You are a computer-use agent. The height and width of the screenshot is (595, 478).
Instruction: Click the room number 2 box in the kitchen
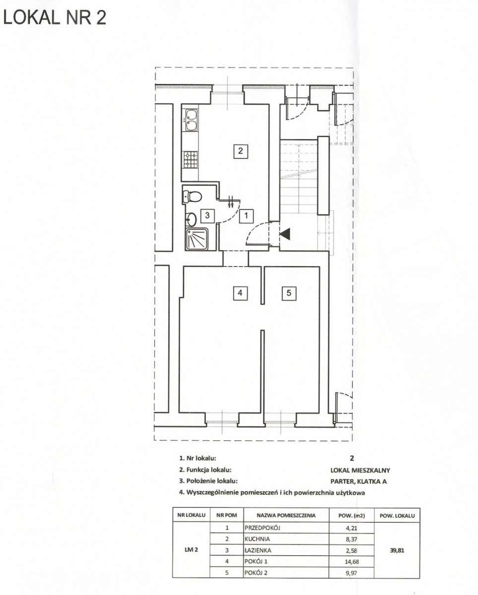click(x=240, y=151)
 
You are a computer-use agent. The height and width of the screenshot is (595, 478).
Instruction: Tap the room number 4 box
click(x=240, y=293)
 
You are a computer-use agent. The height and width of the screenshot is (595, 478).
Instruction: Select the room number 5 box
click(x=289, y=293)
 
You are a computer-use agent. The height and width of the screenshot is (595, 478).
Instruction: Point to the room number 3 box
click(x=207, y=215)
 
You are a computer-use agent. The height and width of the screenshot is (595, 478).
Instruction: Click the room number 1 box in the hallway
click(x=246, y=215)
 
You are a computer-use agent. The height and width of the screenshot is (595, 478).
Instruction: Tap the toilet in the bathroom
click(x=192, y=196)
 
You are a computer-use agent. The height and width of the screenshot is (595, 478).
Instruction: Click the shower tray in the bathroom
click(x=196, y=239)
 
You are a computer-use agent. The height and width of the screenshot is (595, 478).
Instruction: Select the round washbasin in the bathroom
click(x=191, y=219)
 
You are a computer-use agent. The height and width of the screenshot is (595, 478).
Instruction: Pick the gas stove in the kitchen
click(x=190, y=160)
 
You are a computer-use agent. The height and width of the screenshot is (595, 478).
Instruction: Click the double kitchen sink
click(x=191, y=119)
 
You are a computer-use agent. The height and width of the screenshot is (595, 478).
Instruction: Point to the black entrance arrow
click(x=285, y=234)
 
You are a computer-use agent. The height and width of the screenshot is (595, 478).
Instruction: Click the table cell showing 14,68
click(x=352, y=561)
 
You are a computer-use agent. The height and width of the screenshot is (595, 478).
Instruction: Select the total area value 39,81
click(x=397, y=550)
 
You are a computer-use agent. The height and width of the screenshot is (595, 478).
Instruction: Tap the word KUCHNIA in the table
click(x=257, y=539)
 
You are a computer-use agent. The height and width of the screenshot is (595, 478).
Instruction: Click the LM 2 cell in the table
click(x=191, y=550)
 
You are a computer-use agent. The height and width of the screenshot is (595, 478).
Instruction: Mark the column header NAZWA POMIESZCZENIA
click(x=286, y=515)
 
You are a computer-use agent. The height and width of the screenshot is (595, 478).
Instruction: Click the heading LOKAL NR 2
click(x=55, y=18)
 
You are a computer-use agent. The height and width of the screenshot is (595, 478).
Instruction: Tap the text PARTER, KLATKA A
click(x=358, y=481)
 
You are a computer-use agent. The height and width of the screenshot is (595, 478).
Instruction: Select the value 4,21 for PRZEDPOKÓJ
click(x=352, y=528)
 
